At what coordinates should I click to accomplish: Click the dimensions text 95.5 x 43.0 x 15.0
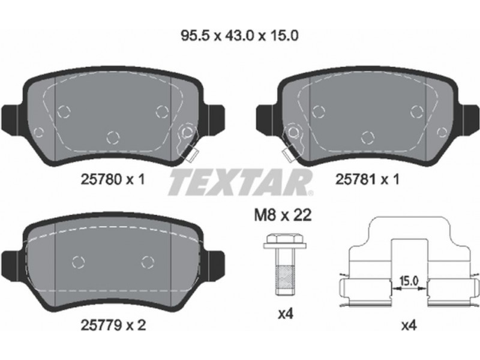(x=239, y=36)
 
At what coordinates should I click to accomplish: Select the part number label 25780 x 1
(x=112, y=179)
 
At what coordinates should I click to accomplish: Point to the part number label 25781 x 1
(x=367, y=179)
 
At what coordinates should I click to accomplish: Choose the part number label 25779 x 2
(x=113, y=325)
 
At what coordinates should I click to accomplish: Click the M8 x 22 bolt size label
(x=283, y=215)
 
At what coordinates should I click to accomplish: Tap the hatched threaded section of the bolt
(x=285, y=277)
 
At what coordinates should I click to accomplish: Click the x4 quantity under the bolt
(x=286, y=314)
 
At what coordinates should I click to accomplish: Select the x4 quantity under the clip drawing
(x=409, y=326)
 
